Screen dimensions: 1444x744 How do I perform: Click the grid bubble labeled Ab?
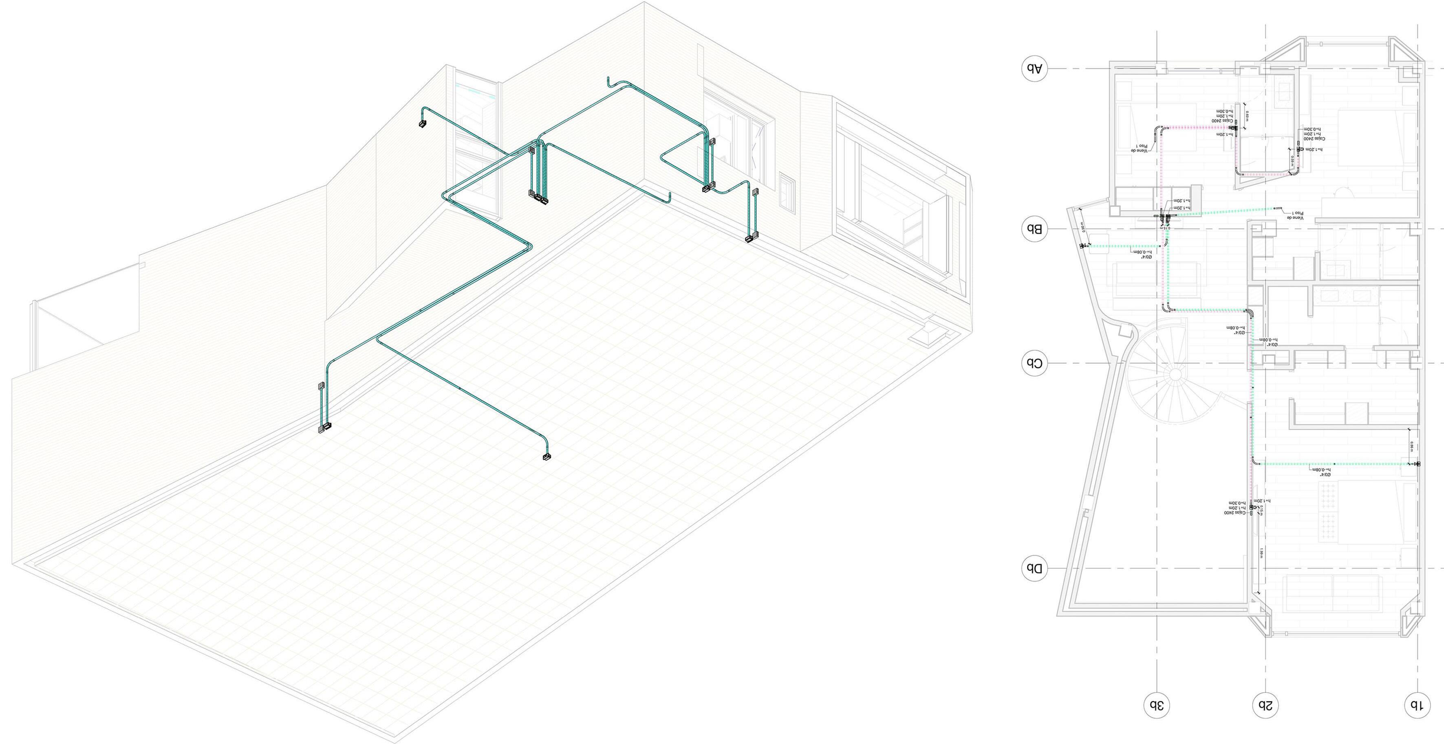1034,69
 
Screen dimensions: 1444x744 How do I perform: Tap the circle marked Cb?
1034,363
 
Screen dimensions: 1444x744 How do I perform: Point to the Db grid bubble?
1034,568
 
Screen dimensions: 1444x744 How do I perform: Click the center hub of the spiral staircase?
1174,374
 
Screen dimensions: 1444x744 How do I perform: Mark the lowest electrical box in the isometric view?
547,457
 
